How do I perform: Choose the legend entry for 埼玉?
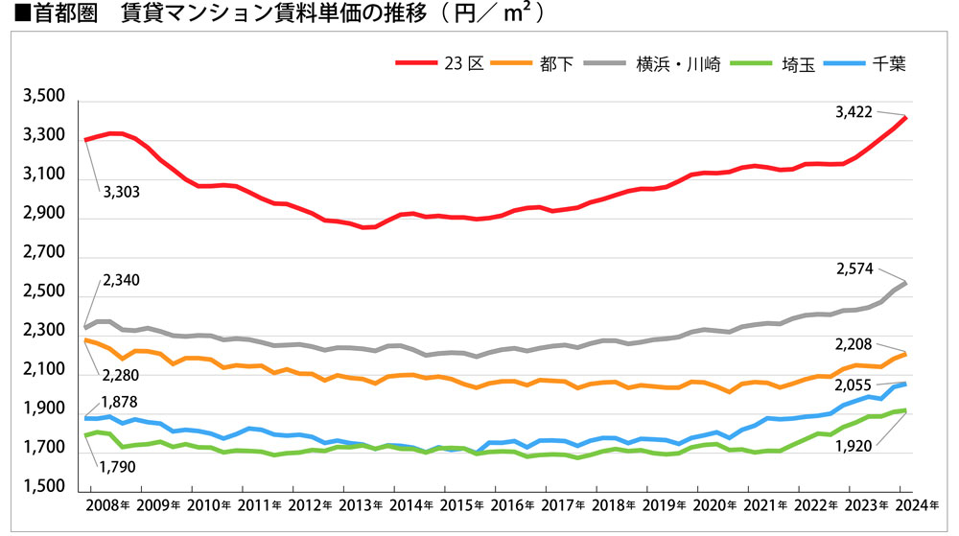pos(797,64)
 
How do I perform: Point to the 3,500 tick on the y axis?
pos(40,98)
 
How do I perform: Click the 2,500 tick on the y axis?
pos(40,293)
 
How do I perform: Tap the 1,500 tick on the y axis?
pos(40,489)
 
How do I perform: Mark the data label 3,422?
pos(854,112)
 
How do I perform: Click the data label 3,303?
pos(121,192)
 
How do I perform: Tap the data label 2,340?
pos(120,279)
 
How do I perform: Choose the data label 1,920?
pos(854,446)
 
